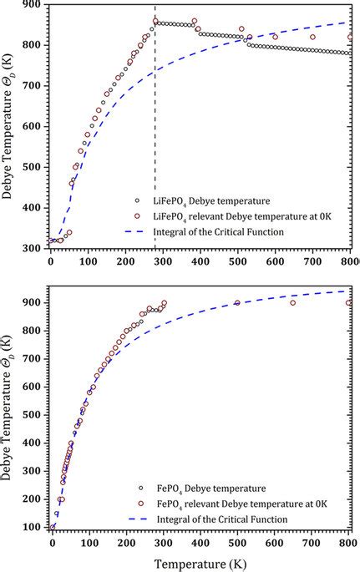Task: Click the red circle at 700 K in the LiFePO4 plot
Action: click(313, 37)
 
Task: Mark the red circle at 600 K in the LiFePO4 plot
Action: click(276, 37)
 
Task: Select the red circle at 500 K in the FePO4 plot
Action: click(237, 303)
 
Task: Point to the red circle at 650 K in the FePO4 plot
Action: click(293, 302)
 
